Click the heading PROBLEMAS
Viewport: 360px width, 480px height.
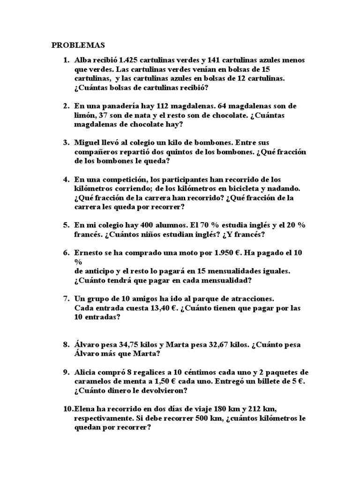point(78,45)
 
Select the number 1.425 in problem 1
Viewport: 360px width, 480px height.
point(130,60)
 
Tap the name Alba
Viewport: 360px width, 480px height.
point(83,60)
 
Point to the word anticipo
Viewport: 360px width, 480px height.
point(101,271)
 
